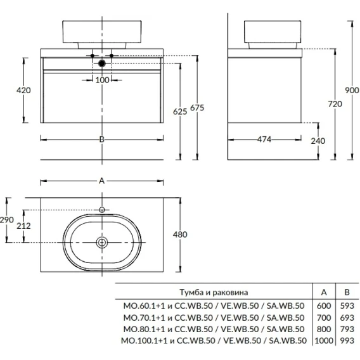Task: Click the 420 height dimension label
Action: coord(23,90)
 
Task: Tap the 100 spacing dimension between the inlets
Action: coord(102,80)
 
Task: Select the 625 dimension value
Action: coord(180,112)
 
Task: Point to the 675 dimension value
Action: coord(197,108)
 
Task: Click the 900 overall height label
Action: coord(352,90)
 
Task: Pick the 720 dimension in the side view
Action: coord(335,104)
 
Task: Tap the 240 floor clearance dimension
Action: coord(318,141)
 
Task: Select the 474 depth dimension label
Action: coord(264,139)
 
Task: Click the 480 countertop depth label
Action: coord(180,235)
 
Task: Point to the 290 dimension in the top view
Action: coord(7,220)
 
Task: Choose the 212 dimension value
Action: coord(23,226)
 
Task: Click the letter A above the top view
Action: coord(101,181)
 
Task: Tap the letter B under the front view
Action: coord(101,139)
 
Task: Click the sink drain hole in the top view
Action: coord(102,243)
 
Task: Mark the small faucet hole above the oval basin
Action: coord(102,210)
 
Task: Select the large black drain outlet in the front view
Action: coord(102,63)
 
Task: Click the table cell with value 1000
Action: coord(324,340)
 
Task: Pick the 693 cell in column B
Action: coord(347,318)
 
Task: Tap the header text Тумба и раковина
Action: coord(214,292)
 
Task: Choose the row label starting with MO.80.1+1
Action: coord(214,329)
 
